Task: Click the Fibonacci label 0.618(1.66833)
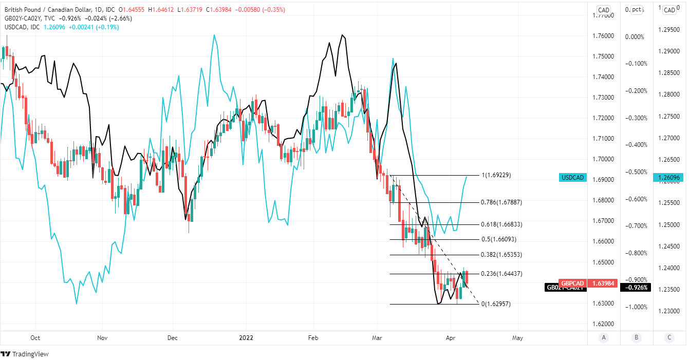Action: point(501,224)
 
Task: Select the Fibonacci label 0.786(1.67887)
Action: point(501,202)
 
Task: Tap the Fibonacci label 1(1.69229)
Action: point(495,175)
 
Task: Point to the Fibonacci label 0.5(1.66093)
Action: point(498,239)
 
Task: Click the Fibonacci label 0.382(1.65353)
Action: point(501,255)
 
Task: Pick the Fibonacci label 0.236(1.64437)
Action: point(501,274)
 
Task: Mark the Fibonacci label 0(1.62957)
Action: point(496,304)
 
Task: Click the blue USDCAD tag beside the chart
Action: point(573,178)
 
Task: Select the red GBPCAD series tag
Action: point(572,283)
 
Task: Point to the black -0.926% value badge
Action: point(636,288)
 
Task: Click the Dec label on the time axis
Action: point(172,338)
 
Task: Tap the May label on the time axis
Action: point(517,338)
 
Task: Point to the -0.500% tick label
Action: point(635,172)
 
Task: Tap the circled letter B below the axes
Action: point(636,337)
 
